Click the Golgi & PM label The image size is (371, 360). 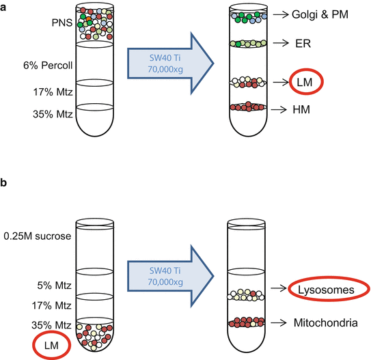coord(322,14)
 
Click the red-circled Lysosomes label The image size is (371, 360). coord(326,290)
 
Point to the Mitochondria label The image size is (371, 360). coord(325,321)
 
